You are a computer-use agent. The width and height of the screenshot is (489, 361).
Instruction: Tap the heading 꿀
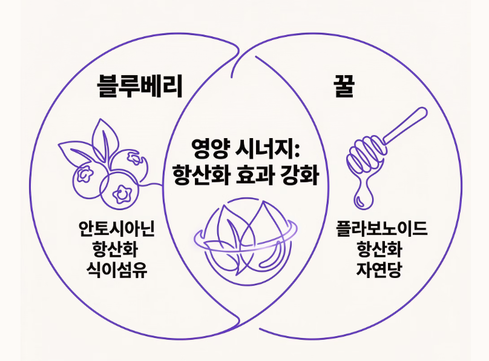(342, 87)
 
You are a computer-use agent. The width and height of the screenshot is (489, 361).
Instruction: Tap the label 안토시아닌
(117, 229)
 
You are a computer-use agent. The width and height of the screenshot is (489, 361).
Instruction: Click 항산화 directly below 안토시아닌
(117, 248)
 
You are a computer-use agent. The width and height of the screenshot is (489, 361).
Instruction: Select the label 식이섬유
(117, 268)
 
